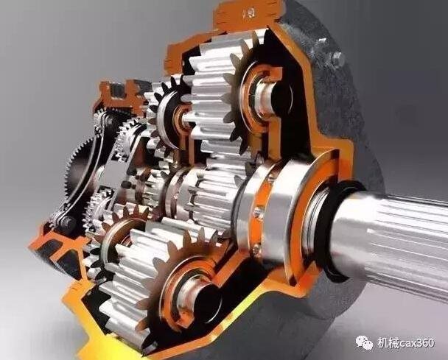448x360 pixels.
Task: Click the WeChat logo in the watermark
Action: pos(364,342)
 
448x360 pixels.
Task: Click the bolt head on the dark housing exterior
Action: pos(337,57)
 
